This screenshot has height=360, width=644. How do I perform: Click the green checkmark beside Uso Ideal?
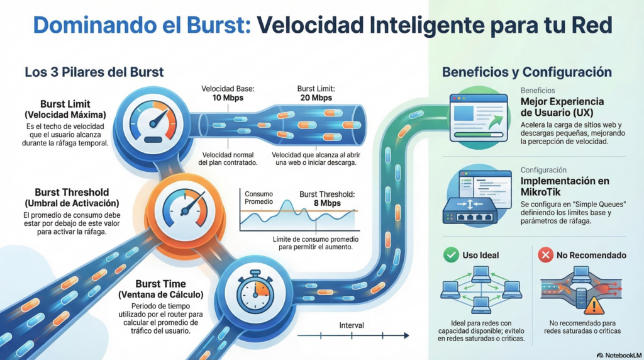450,255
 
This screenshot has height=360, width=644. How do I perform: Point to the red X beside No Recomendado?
545,255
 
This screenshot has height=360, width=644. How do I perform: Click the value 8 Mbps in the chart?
327,203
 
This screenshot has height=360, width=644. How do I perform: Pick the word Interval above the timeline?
351,325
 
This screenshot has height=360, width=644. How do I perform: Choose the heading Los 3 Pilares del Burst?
94,72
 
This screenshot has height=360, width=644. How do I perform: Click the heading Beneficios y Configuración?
526,72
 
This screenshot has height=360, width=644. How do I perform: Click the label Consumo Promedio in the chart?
259,198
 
